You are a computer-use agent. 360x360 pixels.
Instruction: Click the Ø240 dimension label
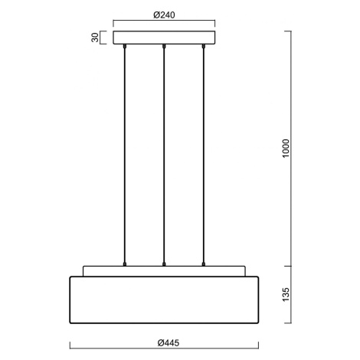pos(164,15)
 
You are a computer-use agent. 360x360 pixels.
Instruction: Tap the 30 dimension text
pos(95,38)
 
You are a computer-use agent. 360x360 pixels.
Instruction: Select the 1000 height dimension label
pos(286,149)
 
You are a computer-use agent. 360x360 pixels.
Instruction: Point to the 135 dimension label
pos(286,294)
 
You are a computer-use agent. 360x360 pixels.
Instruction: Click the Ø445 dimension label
pos(169,342)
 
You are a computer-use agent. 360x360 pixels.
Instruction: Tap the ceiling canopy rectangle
pos(164,38)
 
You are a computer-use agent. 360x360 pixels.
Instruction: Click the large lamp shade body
pos(164,299)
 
